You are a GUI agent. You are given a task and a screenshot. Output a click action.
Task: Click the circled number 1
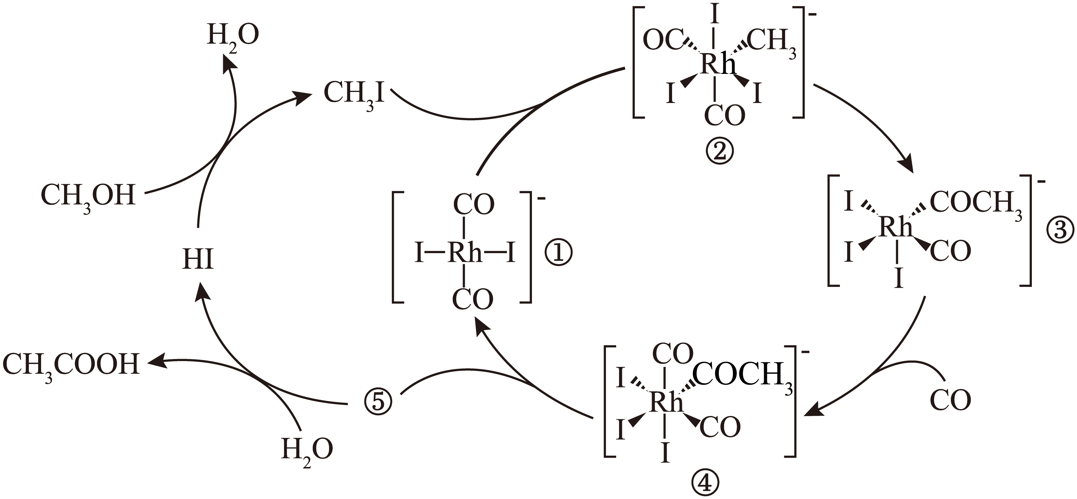click(x=558, y=253)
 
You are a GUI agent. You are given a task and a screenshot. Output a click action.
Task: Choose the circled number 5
click(x=378, y=402)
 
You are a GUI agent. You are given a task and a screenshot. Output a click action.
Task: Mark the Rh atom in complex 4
click(x=666, y=403)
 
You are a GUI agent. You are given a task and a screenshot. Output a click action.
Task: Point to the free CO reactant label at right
click(x=950, y=400)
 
